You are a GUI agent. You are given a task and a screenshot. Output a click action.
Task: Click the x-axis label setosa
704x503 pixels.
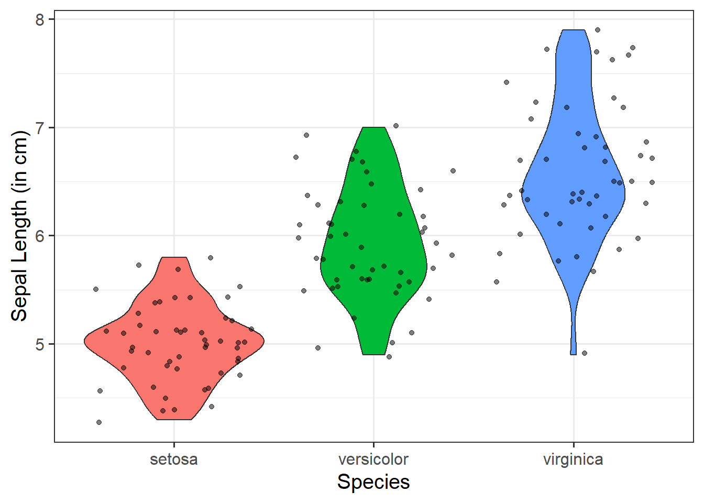click(x=174, y=460)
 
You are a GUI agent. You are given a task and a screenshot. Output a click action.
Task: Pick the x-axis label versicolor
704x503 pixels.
click(x=373, y=460)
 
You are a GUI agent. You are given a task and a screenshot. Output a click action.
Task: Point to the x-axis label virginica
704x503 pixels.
click(x=573, y=460)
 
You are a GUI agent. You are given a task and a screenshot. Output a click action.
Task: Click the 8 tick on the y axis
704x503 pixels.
click(x=40, y=20)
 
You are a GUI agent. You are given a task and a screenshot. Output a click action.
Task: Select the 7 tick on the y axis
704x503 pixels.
click(x=40, y=128)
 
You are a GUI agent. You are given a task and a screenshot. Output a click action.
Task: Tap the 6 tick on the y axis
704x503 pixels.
click(x=40, y=236)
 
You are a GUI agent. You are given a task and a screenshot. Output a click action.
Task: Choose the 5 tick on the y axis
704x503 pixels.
click(x=40, y=344)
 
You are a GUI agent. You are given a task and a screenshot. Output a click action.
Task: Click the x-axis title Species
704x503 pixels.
click(x=373, y=482)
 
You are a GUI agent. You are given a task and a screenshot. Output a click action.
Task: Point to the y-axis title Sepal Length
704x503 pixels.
click(x=19, y=225)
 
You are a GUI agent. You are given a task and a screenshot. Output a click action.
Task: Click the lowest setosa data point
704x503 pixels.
click(x=99, y=422)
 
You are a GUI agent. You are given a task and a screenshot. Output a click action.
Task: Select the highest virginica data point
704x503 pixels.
click(x=598, y=30)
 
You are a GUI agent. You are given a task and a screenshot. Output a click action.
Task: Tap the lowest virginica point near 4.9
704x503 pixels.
click(x=585, y=353)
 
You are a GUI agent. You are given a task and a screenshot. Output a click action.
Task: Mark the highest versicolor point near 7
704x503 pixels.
click(x=396, y=126)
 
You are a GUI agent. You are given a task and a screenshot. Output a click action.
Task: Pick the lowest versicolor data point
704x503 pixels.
click(x=389, y=357)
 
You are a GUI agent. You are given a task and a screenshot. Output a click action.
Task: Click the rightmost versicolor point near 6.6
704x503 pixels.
click(x=453, y=171)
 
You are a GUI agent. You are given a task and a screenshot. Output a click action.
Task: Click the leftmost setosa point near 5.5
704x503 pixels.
click(x=96, y=289)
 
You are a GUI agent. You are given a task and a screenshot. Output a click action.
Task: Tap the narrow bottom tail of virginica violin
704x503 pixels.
click(x=574, y=335)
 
